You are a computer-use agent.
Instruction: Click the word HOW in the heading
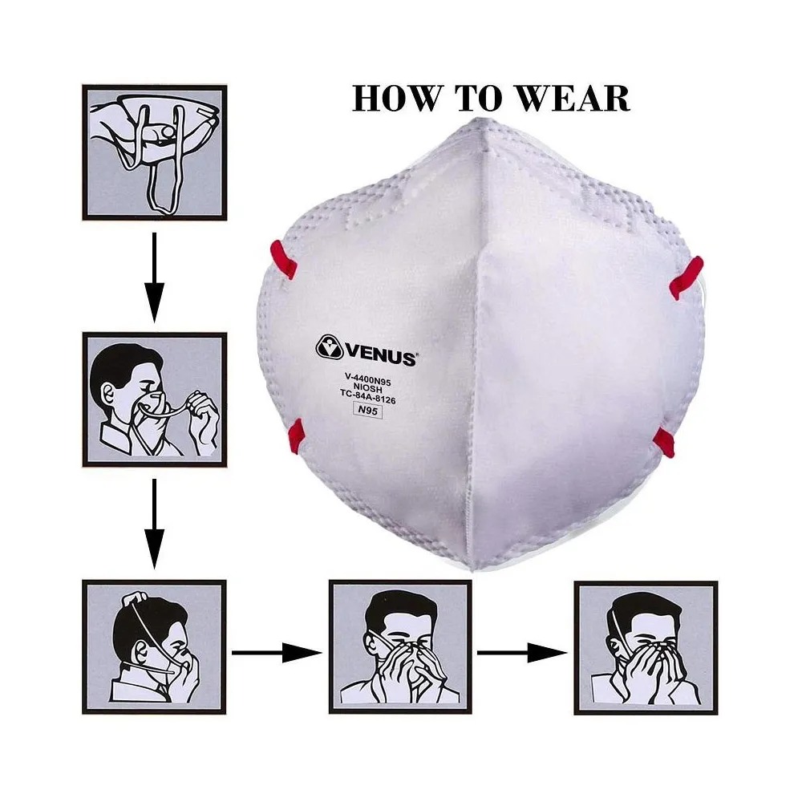(x=395, y=98)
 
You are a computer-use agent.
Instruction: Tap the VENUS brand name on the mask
(x=381, y=354)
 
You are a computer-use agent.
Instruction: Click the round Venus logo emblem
(x=330, y=346)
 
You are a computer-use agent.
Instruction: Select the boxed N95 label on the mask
(x=368, y=410)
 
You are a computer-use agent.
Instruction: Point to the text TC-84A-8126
(x=368, y=396)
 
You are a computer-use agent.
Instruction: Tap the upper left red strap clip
(x=284, y=259)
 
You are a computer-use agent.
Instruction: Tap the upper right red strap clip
(x=687, y=277)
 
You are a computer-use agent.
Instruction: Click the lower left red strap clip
(x=296, y=436)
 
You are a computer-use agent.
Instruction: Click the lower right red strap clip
(x=664, y=443)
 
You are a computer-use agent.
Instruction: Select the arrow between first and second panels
(x=154, y=277)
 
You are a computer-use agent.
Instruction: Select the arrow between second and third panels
(x=154, y=524)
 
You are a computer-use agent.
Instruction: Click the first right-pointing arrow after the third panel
(x=277, y=653)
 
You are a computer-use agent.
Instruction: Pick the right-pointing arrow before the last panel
(x=522, y=653)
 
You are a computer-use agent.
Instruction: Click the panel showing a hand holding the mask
(x=155, y=152)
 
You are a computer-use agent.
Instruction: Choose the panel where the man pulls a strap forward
(x=155, y=399)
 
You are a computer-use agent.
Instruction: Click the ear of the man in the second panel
(x=109, y=393)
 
